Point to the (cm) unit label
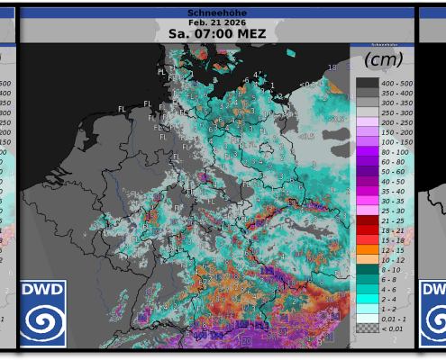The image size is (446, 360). (382, 60)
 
